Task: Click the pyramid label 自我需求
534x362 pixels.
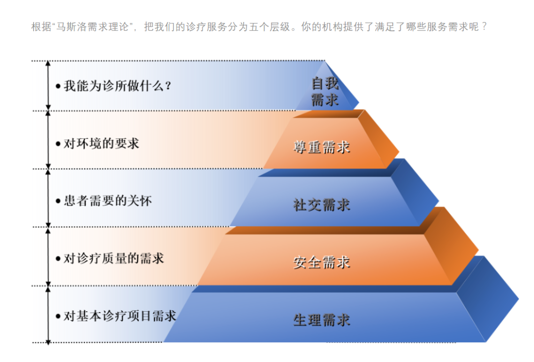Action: click(325, 92)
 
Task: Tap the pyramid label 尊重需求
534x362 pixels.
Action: click(322, 147)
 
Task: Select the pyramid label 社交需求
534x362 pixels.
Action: click(322, 205)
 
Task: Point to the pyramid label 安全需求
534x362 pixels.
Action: click(322, 262)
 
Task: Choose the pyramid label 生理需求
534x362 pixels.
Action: click(322, 320)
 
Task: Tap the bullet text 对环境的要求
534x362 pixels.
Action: click(101, 144)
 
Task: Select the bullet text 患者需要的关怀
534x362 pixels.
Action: click(108, 201)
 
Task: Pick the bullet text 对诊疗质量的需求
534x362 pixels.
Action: click(114, 259)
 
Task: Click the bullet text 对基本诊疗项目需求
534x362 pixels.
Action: click(120, 316)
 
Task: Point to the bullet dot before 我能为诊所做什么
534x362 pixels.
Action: click(58, 86)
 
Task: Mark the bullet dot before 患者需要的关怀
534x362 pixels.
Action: click(58, 201)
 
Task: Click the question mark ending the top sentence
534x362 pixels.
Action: click(485, 27)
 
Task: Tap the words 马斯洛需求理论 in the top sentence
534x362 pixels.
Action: click(92, 27)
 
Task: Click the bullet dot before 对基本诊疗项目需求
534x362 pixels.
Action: click(58, 317)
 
